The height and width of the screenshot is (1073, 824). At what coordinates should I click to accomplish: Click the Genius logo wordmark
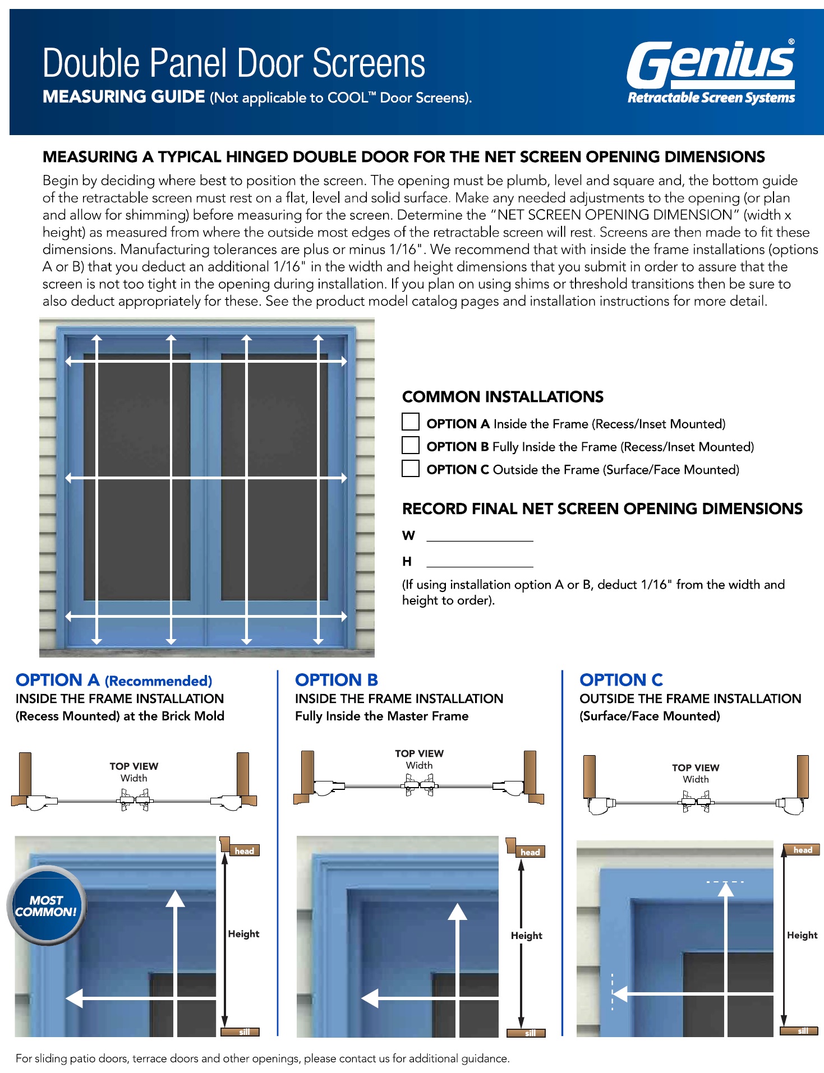tap(711, 63)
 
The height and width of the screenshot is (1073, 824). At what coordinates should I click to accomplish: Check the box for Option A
tap(411, 422)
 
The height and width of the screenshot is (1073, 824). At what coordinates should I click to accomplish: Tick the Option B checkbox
tap(411, 445)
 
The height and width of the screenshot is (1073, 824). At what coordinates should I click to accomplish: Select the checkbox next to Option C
tap(411, 468)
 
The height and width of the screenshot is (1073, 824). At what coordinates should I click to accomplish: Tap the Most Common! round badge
tap(46, 905)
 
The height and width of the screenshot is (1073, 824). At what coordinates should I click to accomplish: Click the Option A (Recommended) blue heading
tap(114, 680)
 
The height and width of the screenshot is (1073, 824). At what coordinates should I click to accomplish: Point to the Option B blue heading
tap(337, 680)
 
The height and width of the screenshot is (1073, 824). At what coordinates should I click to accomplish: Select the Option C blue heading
tap(621, 680)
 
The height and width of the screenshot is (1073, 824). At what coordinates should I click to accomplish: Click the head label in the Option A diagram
tap(245, 851)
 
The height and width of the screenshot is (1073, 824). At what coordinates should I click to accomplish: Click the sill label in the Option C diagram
tap(803, 1031)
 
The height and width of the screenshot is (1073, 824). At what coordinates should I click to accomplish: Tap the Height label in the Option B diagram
tap(526, 935)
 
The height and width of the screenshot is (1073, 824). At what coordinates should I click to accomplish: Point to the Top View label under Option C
tap(696, 767)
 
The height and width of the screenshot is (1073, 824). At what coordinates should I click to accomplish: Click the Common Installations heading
tap(503, 397)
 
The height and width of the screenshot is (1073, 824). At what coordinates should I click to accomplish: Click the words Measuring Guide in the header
tap(124, 97)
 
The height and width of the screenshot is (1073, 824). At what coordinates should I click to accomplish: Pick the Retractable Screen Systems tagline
tap(711, 98)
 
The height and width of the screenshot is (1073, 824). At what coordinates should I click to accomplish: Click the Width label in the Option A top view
tap(134, 778)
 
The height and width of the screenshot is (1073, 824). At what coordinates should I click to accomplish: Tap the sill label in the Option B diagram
tap(530, 1033)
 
